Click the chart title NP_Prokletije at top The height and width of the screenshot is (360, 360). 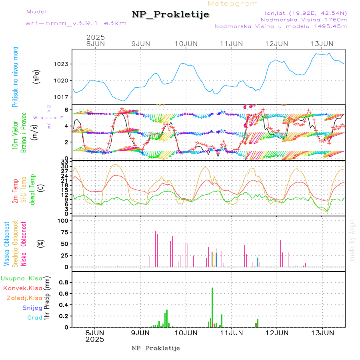pyautogui.click(x=170, y=15)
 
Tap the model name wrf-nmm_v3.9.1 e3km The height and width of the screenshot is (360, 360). pyautogui.click(x=76, y=23)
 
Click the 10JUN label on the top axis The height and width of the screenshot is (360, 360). pyautogui.click(x=186, y=43)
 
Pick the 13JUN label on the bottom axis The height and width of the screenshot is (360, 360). pyautogui.click(x=322, y=332)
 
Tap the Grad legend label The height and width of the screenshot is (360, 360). pyautogui.click(x=34, y=318)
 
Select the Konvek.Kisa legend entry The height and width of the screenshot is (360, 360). pyautogui.click(x=22, y=288)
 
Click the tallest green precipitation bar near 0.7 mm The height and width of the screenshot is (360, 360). pyautogui.click(x=212, y=307)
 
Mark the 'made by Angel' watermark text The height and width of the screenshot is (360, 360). pyautogui.click(x=352, y=240)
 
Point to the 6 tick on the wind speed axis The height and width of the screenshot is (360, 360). pyautogui.click(x=68, y=110)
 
